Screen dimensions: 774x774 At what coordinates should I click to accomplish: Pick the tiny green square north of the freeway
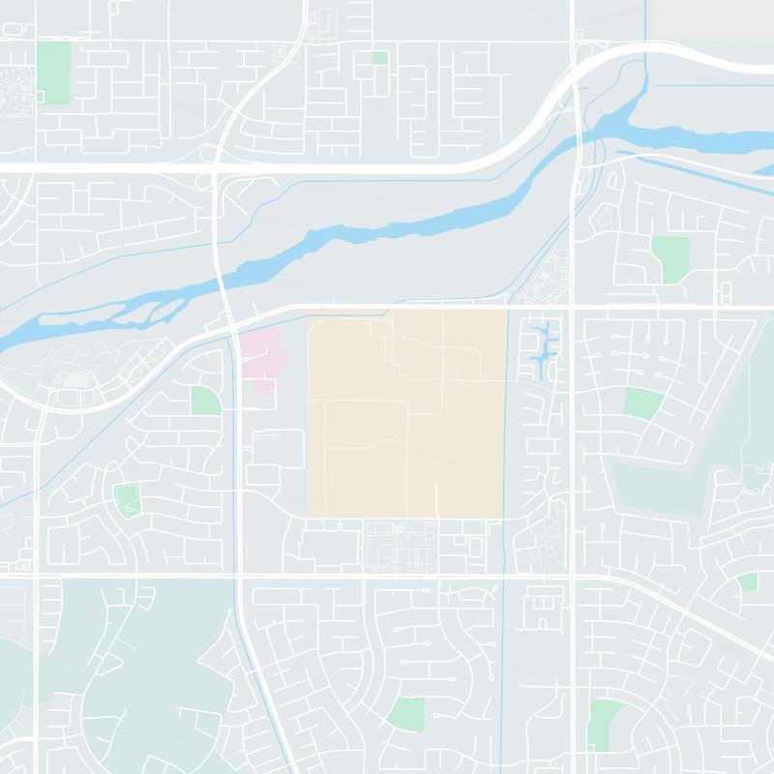[380, 58]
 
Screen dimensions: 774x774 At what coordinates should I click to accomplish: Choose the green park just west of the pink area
[205, 400]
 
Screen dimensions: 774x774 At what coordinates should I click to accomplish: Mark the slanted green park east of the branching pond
[643, 402]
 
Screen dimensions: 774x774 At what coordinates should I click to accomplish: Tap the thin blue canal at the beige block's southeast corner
[507, 522]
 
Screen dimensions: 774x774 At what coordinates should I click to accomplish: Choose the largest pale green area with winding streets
[126, 668]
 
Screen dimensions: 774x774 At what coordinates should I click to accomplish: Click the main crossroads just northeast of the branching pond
[573, 308]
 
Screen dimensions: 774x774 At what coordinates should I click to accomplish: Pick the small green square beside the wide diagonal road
[747, 582]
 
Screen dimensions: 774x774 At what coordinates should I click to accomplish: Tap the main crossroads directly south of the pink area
[240, 578]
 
